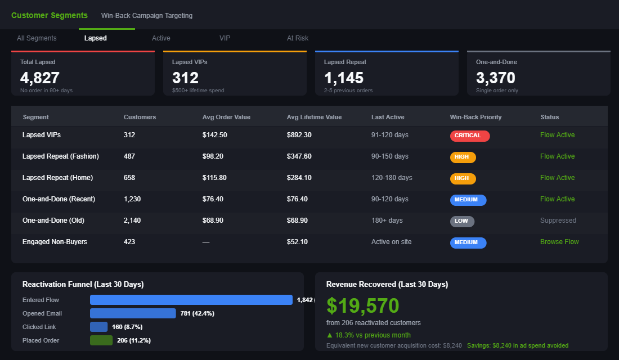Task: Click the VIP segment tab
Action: pyautogui.click(x=225, y=38)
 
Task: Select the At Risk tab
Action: pyautogui.click(x=298, y=38)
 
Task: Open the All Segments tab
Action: pyautogui.click(x=37, y=38)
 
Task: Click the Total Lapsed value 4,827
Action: pyautogui.click(x=40, y=78)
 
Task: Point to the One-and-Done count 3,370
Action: pyautogui.click(x=496, y=78)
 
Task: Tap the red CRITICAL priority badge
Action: pyautogui.click(x=470, y=136)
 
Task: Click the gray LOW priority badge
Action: pyautogui.click(x=462, y=221)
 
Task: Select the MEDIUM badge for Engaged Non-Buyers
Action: pyautogui.click(x=468, y=242)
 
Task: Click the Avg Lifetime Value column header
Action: pyautogui.click(x=314, y=117)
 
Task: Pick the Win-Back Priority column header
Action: pyautogui.click(x=476, y=117)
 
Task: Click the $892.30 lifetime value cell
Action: pyautogui.click(x=299, y=135)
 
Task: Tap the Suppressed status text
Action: pyautogui.click(x=558, y=220)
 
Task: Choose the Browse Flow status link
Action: pyautogui.click(x=559, y=242)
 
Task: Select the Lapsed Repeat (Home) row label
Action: pyautogui.click(x=57, y=178)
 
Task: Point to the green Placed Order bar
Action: pyautogui.click(x=101, y=340)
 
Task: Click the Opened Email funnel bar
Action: pyautogui.click(x=133, y=313)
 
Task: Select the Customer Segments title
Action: pyautogui.click(x=50, y=15)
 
